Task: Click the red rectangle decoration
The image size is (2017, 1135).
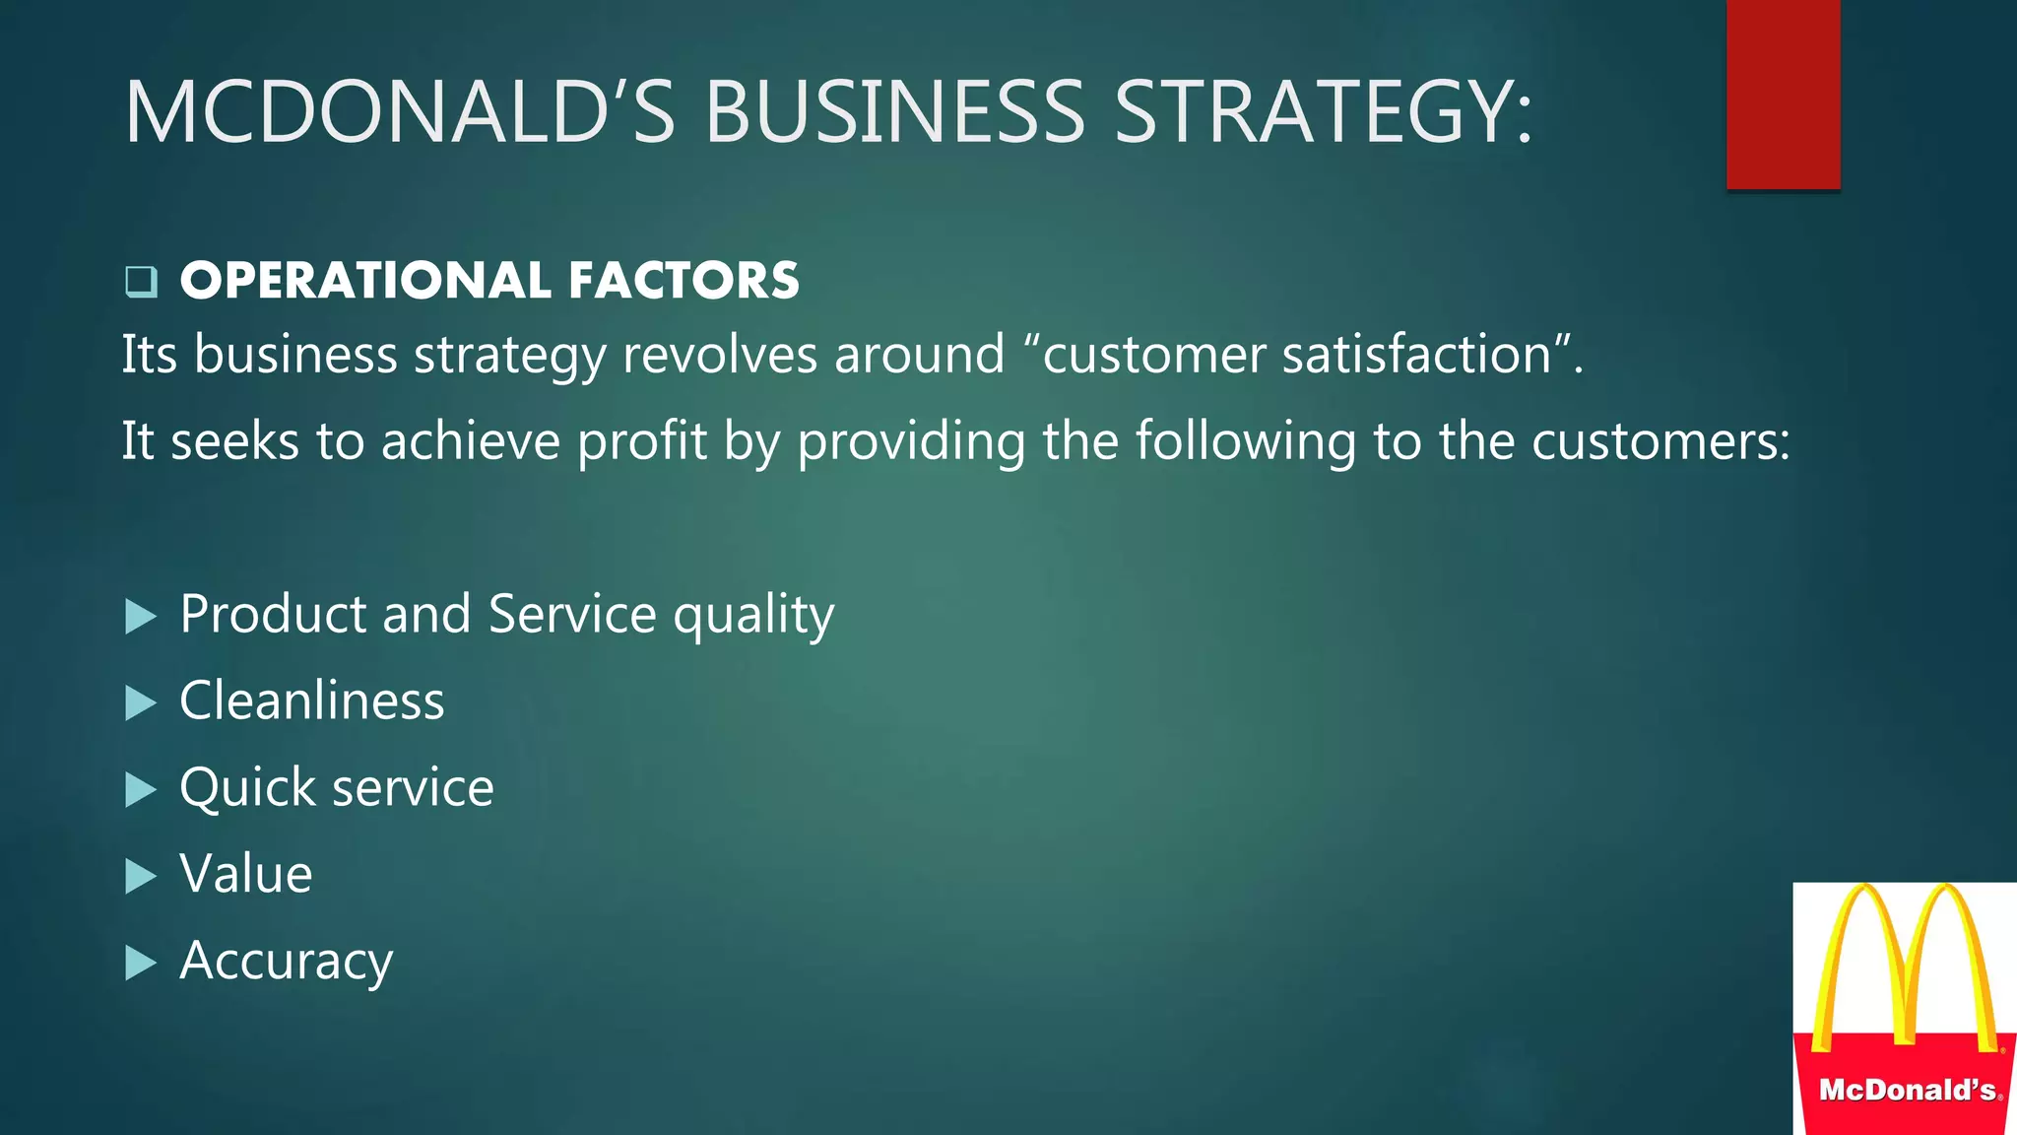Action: coord(1783,94)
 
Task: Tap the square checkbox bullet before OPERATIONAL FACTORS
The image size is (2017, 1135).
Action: coord(141,282)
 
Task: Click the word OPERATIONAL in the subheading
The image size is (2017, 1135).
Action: coord(365,281)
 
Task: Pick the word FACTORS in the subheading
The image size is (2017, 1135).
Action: coord(683,281)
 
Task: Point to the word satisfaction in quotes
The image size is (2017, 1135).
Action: coord(1417,355)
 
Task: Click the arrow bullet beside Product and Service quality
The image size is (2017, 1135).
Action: coord(141,618)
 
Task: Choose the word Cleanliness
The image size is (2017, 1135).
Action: coord(312,701)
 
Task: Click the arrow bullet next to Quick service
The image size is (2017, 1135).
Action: coord(141,790)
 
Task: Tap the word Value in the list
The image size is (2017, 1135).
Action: coord(246,874)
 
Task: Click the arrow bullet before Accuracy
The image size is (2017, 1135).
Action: coord(141,964)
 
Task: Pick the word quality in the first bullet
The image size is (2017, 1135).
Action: coord(753,616)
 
